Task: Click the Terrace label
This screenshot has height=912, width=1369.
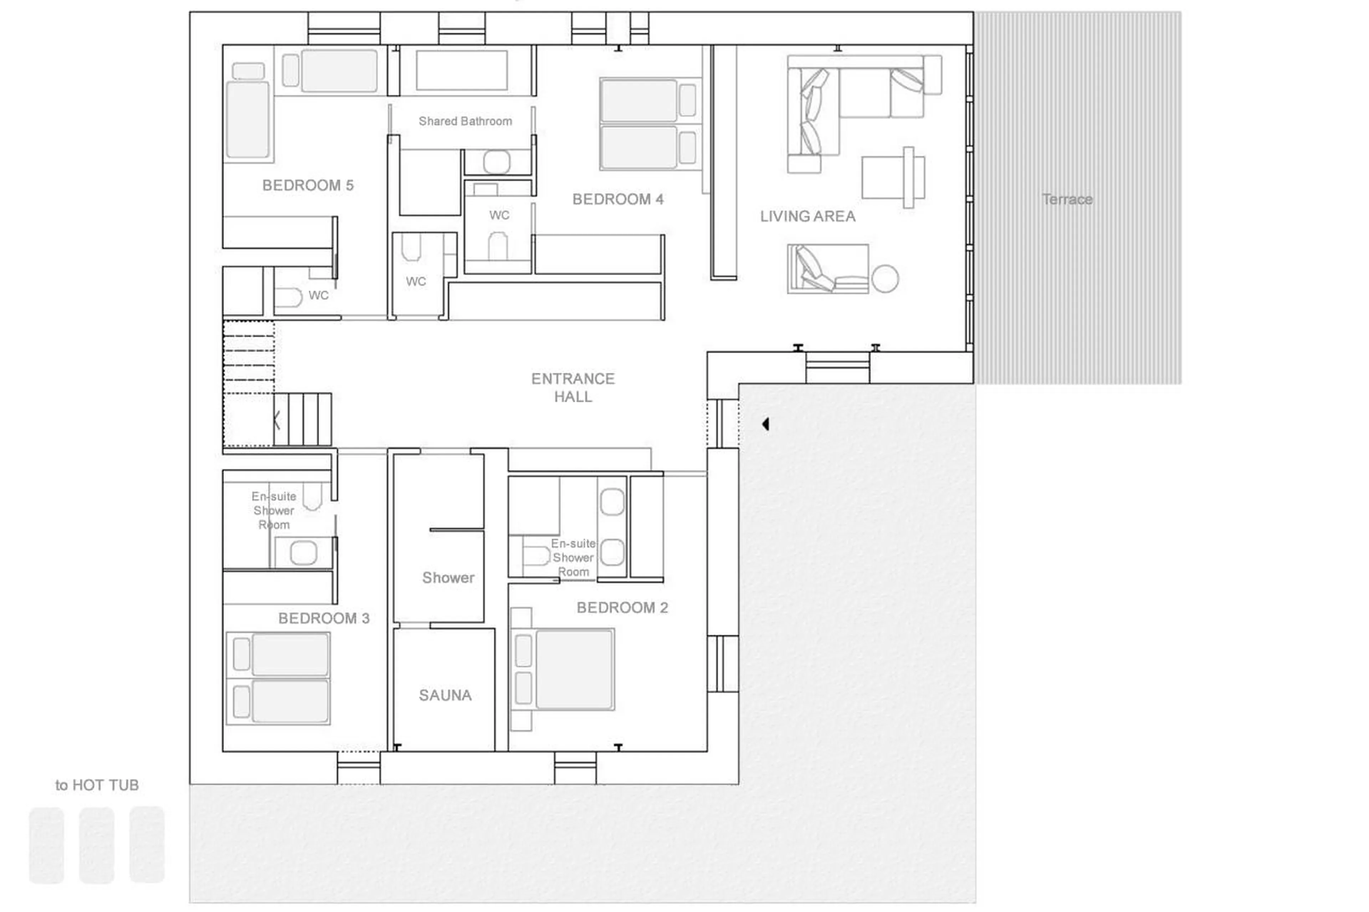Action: [1066, 200]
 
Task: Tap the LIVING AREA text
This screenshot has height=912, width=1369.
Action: [807, 216]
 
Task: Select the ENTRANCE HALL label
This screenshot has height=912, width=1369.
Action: [573, 387]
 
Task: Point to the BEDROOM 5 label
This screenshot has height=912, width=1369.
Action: [308, 186]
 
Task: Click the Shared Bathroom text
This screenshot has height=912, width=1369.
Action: [465, 121]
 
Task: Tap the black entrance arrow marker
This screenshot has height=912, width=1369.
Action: [766, 424]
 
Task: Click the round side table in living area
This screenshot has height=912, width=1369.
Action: [885, 279]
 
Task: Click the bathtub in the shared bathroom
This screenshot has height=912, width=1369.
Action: [461, 70]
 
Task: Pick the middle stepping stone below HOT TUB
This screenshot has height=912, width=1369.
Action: [97, 845]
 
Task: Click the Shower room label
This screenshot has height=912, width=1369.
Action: [448, 578]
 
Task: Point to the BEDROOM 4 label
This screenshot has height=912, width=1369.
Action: [618, 200]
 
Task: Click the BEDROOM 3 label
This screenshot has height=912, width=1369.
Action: [323, 618]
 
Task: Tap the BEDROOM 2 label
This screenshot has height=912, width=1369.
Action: [622, 608]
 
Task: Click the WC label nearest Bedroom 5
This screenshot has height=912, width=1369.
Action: [318, 295]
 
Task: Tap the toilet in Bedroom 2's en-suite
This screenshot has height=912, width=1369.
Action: [535, 556]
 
